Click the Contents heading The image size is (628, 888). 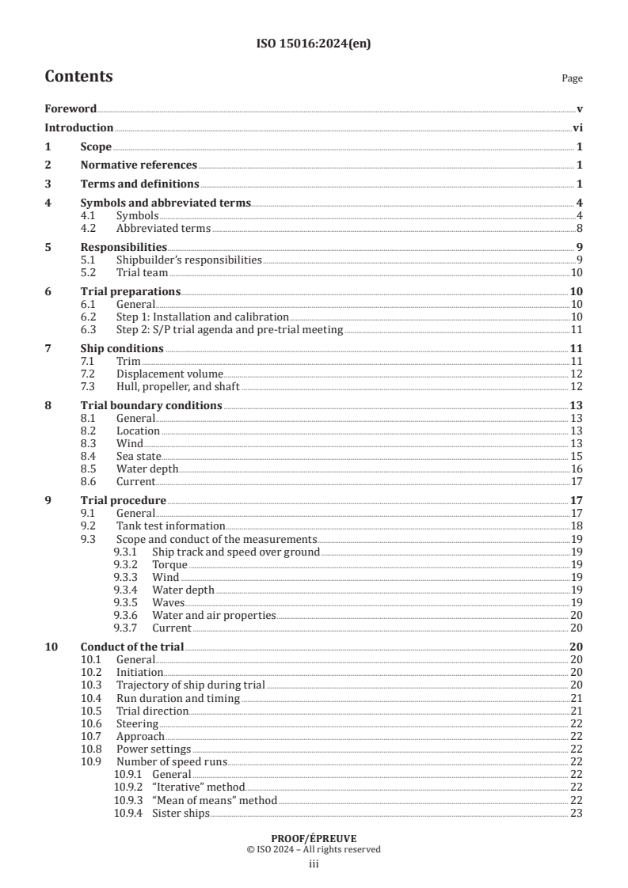click(x=78, y=77)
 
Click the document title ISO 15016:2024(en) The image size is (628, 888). click(x=314, y=44)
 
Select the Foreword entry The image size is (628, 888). click(x=70, y=108)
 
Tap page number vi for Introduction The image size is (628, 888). click(x=577, y=127)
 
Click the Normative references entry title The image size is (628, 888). click(x=139, y=165)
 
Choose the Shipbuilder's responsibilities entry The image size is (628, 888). click(x=188, y=260)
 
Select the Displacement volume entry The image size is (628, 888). click(x=169, y=374)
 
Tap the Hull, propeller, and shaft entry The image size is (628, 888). click(x=177, y=386)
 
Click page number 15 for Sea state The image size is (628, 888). click(x=577, y=456)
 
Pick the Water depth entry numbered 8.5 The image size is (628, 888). click(x=147, y=469)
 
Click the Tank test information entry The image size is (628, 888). click(x=170, y=526)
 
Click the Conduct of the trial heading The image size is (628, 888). click(x=132, y=647)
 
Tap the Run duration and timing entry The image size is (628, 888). click(x=177, y=697)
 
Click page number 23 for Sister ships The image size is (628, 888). click(x=577, y=813)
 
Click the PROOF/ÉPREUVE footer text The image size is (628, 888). click(x=314, y=837)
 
